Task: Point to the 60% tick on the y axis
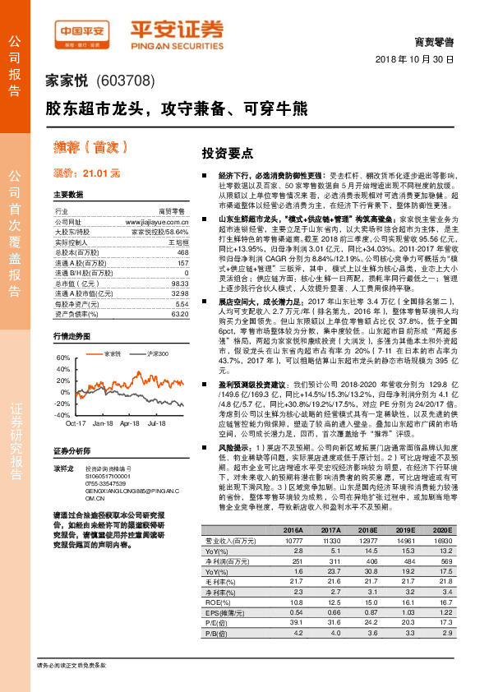[63, 359]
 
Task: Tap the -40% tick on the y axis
[62, 415]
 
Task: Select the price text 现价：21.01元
[86, 174]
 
